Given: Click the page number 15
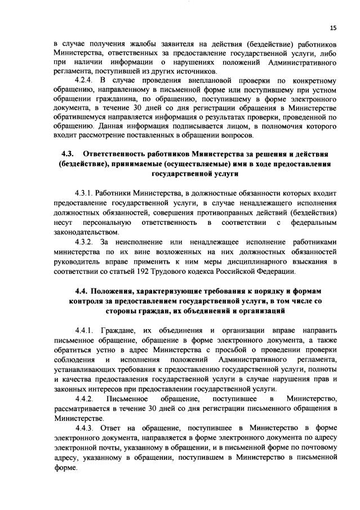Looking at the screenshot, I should click(x=333, y=27).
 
